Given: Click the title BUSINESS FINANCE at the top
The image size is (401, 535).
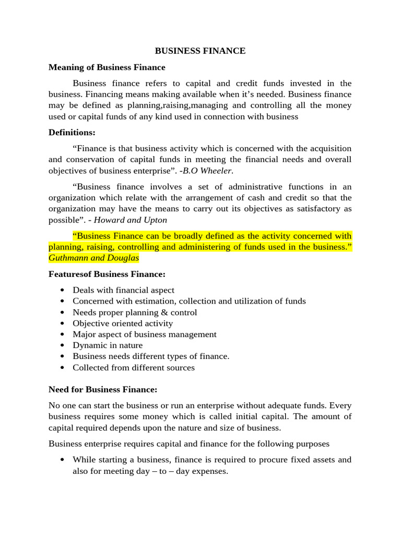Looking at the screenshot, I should tap(200, 51).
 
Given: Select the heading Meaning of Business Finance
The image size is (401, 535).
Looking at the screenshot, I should tap(107, 67).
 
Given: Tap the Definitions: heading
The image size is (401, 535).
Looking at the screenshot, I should tap(72, 133).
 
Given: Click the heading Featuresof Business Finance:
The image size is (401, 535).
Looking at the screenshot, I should tap(107, 274).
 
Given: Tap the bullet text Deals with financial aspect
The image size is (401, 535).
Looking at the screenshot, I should tap(123, 290).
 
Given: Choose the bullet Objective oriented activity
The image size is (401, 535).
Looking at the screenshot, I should tap(123, 323).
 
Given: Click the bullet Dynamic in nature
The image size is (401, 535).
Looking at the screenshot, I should tap(108, 345).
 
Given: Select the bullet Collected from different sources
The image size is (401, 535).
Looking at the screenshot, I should tap(134, 368).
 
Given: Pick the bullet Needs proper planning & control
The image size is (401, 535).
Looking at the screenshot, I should tap(135, 312).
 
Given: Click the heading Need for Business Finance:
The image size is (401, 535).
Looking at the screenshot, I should tap(103, 389).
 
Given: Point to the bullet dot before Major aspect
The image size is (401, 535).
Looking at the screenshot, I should tap(63, 334).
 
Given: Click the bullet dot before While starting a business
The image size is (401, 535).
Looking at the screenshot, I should tap(63, 460).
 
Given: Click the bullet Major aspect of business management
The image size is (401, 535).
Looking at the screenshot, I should tap(145, 334).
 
